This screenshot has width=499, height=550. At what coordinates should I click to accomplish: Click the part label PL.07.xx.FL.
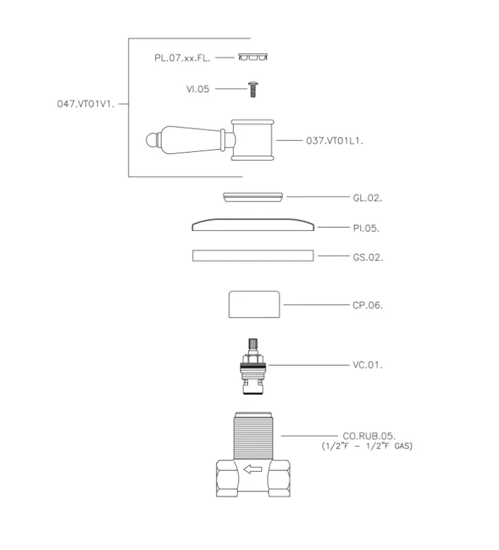pos(182,58)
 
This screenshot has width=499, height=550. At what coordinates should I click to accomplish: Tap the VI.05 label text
pos(198,89)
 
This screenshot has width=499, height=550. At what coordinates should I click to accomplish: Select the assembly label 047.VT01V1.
pos(86,104)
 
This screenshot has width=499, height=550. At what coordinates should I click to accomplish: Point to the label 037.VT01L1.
pos(335,141)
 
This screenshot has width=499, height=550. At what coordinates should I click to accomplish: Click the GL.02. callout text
pos(368,198)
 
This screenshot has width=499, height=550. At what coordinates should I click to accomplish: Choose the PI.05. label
pos(366,228)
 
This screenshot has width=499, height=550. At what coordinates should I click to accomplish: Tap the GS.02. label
pos(368,257)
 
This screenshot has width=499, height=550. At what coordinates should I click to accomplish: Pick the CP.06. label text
pos(368,305)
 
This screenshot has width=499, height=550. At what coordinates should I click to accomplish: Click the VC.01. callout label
pos(368,365)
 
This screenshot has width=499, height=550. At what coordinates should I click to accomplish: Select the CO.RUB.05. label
pos(369,436)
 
